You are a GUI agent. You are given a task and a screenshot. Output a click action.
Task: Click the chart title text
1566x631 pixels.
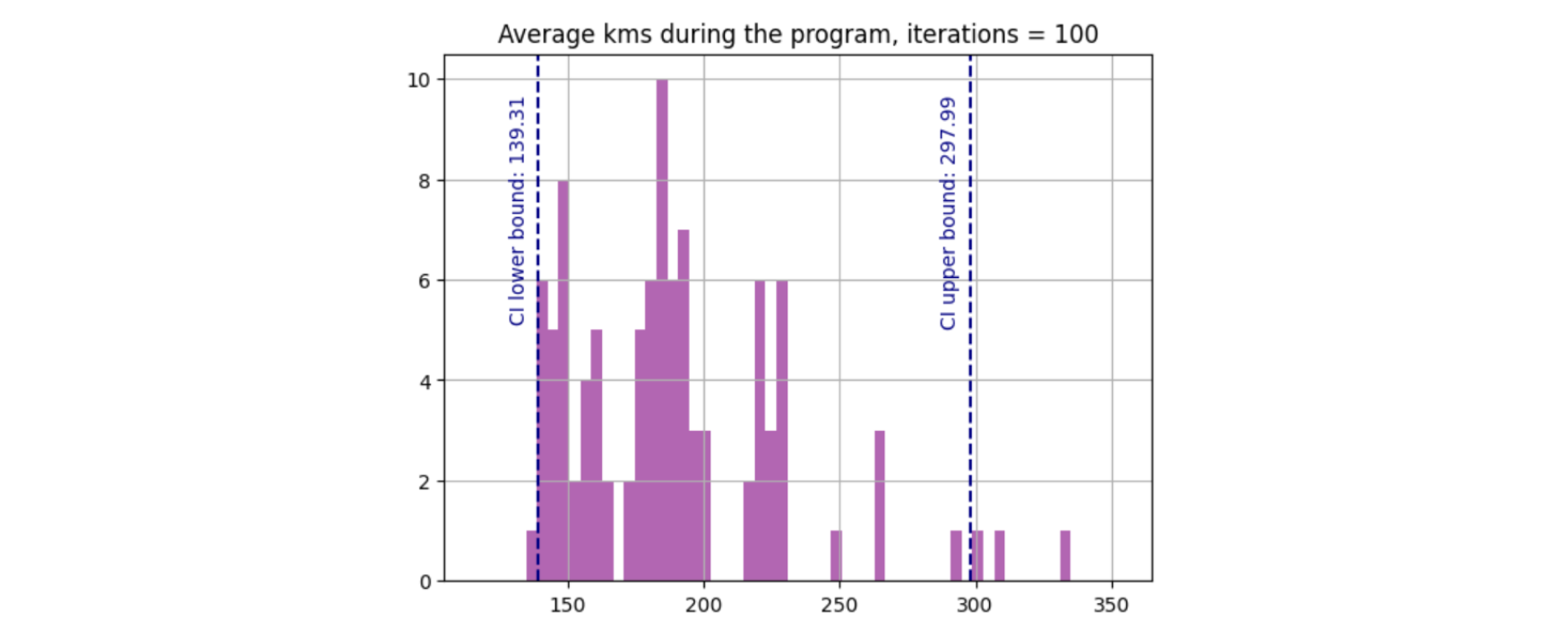pos(797,34)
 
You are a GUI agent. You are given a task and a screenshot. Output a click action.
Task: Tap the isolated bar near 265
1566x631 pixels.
pos(880,506)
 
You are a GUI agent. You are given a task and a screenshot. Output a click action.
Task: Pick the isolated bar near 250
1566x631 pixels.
pos(836,556)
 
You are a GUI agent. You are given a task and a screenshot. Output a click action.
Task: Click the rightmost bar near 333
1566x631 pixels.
pos(1065,556)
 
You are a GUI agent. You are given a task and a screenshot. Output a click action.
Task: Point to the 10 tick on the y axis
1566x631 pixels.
pos(418,80)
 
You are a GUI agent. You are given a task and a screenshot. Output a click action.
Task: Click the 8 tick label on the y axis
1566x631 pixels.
pos(425,180)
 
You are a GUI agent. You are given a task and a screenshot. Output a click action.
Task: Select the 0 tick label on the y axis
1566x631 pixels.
pos(425,582)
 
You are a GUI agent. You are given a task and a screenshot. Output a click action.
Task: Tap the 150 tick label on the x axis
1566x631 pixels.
pos(567,606)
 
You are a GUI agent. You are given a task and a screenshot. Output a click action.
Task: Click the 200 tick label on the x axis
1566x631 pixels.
pos(703,606)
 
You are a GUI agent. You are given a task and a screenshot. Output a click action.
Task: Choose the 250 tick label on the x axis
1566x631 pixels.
pos(839,606)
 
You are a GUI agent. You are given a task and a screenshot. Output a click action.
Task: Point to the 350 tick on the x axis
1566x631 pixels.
pos(1111,606)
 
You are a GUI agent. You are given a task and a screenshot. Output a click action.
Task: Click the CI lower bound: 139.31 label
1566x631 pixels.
pos(517,212)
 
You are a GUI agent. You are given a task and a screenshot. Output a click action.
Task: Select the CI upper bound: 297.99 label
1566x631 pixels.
pos(948,213)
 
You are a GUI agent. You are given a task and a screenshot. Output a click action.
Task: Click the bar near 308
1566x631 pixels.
pos(1000,556)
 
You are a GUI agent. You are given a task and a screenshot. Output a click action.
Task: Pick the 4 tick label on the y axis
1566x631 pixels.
pos(425,381)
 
